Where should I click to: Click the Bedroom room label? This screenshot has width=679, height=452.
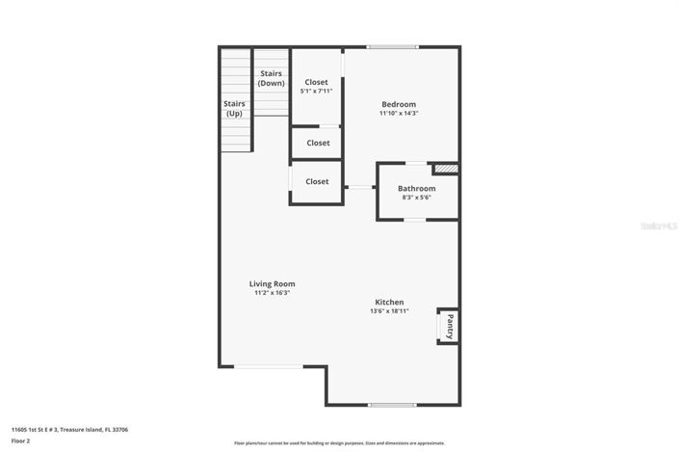click(x=399, y=104)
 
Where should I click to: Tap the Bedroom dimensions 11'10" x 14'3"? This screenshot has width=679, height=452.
click(x=399, y=114)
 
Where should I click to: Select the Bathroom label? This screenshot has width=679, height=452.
click(x=418, y=189)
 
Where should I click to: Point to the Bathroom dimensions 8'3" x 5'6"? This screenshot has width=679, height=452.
click(x=418, y=198)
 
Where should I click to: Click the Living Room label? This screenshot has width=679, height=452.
click(x=272, y=284)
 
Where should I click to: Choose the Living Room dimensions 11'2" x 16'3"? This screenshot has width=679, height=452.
click(x=272, y=293)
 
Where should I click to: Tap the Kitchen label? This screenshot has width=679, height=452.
click(x=389, y=303)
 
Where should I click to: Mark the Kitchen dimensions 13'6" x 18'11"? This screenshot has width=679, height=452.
click(x=389, y=311)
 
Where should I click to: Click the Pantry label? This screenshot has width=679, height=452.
click(x=449, y=327)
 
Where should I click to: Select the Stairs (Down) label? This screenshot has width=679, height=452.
click(x=272, y=78)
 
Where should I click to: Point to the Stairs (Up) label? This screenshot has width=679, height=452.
click(x=234, y=109)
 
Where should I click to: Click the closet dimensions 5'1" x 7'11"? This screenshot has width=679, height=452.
click(x=316, y=92)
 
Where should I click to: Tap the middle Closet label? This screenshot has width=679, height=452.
click(x=318, y=144)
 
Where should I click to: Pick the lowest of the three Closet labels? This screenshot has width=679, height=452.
click(x=317, y=181)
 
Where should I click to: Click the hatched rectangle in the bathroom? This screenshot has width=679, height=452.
click(x=446, y=169)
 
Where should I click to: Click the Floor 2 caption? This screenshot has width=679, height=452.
click(x=21, y=440)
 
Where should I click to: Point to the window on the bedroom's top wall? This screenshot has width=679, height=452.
click(x=393, y=46)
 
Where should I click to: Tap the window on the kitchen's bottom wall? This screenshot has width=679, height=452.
click(x=393, y=405)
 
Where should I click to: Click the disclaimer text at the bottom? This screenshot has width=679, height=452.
click(x=339, y=443)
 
